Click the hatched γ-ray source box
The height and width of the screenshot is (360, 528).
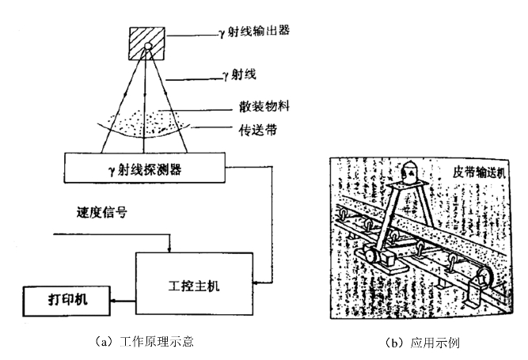pyautogui.click(x=146, y=44)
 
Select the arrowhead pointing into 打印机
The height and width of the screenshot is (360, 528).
pyautogui.click(x=112, y=301)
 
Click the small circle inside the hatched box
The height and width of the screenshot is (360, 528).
pyautogui.click(x=146, y=49)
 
